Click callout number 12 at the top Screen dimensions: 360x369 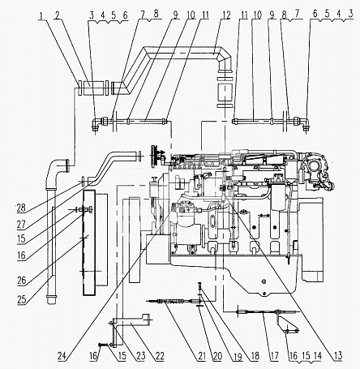226,15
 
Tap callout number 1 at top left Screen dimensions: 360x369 41,15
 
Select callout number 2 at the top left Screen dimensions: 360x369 58,15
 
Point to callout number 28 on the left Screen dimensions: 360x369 21,208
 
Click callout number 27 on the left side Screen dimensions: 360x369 21,225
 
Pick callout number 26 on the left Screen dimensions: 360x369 22,281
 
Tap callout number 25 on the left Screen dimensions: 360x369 22,299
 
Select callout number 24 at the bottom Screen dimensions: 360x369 62,356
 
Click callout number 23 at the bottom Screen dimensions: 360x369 141,356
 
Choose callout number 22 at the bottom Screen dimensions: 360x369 160,356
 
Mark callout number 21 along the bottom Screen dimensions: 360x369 202,356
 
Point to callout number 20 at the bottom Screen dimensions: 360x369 217,356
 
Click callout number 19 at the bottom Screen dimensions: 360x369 238,356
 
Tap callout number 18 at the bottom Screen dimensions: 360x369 255,356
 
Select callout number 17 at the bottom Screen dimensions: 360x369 274,356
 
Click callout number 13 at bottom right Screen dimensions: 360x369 338,356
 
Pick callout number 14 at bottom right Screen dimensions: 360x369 318,356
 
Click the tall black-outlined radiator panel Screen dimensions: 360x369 89,242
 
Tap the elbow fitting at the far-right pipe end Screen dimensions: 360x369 305,123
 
